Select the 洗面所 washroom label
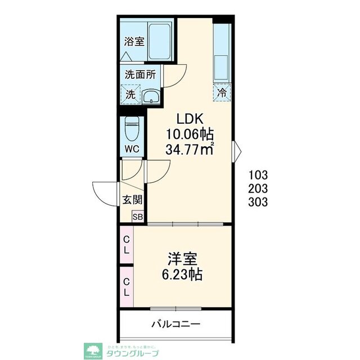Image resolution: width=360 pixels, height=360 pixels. pos(140,74)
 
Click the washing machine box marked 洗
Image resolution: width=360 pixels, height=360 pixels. pos(130,94)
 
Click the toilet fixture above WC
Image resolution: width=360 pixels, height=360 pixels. pos(132,131)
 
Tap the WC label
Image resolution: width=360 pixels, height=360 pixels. pos(132,149)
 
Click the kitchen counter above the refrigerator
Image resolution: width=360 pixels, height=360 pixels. pos(222,53)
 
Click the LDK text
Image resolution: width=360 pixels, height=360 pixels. pos(190,119)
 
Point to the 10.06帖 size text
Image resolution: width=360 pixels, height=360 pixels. pos(190,134)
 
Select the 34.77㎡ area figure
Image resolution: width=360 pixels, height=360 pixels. pos(190,150)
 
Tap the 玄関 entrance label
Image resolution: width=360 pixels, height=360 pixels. pos(132,200)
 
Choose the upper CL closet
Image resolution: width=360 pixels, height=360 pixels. pos(127,245)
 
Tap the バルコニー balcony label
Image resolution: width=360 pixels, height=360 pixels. pos(175,325)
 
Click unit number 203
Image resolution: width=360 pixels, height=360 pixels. pos(258,188)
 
